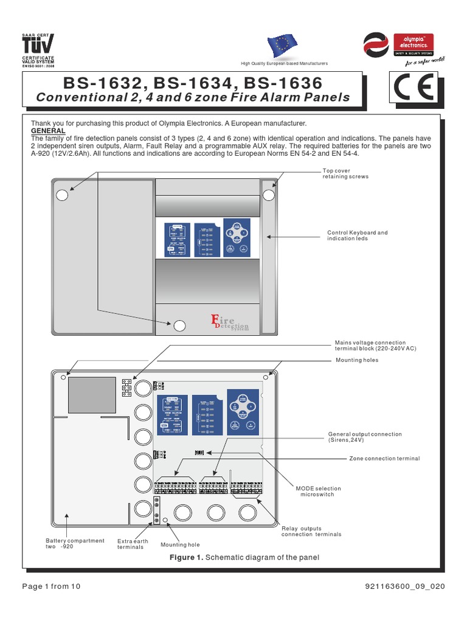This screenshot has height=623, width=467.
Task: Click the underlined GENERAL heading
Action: (48, 131)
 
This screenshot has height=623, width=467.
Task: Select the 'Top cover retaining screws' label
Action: (345, 173)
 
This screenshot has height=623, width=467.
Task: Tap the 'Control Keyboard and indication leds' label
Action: (357, 235)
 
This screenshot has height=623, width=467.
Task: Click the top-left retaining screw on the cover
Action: (62, 195)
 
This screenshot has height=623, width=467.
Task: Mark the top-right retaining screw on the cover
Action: (269, 195)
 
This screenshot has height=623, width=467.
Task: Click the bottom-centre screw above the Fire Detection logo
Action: (179, 325)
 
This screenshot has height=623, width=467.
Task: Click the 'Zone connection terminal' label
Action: (384, 458)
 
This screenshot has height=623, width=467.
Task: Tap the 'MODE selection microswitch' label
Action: (318, 492)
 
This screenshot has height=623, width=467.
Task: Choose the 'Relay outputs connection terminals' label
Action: (311, 531)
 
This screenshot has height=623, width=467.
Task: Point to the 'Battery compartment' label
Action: (75, 543)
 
